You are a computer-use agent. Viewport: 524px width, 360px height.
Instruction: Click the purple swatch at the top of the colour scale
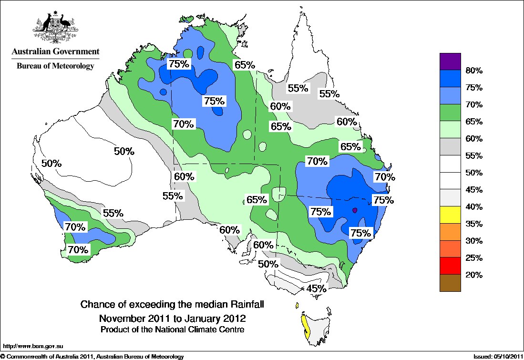450,61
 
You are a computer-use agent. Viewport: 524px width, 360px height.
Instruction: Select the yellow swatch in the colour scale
450,215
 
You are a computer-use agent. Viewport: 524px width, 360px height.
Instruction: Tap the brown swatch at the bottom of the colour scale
450,283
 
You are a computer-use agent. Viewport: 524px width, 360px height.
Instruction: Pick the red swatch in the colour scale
450,266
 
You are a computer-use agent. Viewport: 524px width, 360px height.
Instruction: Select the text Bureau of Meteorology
56,66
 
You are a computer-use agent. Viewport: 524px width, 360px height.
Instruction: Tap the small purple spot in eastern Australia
354,210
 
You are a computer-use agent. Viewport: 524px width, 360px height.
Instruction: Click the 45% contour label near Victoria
317,288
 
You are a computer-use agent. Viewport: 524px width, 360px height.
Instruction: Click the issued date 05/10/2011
501,356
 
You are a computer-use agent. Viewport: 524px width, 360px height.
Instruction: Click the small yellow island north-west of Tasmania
297,305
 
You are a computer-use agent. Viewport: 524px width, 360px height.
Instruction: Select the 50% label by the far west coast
51,163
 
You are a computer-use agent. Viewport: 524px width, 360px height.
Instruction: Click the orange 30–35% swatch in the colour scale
450,232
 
